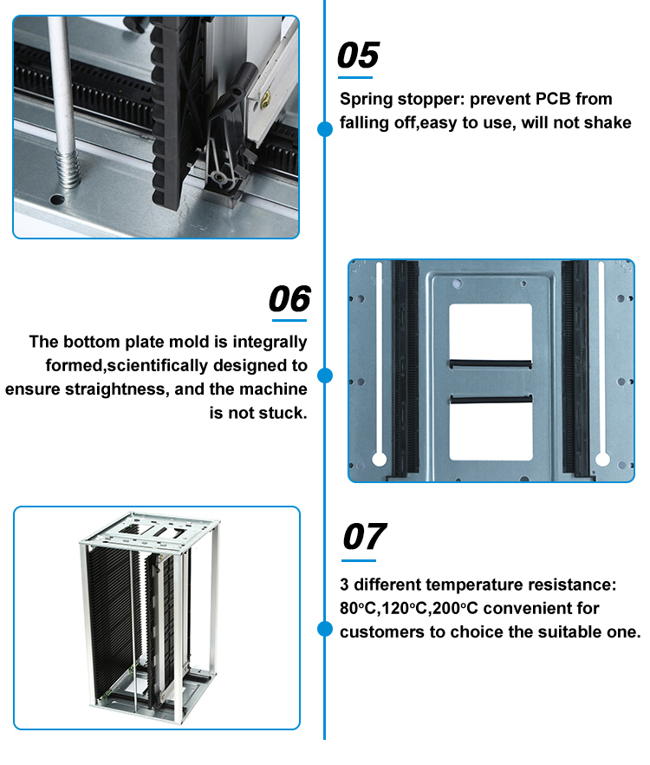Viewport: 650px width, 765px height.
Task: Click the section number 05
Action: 358,55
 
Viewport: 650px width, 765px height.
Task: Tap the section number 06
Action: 289,298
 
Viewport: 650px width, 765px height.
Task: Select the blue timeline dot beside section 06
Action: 325,376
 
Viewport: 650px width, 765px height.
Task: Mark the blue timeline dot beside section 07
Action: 325,630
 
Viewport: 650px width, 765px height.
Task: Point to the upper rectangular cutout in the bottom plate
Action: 491,331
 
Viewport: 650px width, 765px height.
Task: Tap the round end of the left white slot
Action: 379,459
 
